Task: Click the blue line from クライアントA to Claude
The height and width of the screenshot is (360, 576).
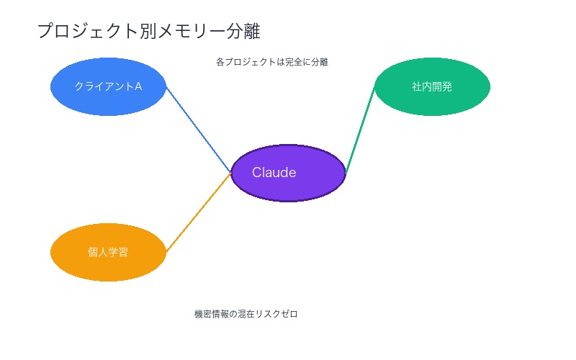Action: (198, 130)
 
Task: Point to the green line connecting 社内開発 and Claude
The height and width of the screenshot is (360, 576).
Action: (360, 130)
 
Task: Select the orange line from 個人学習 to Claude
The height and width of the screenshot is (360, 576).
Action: (198, 212)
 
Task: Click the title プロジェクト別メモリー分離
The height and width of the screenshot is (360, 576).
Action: (148, 31)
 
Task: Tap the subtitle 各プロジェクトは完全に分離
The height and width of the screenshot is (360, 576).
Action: (272, 62)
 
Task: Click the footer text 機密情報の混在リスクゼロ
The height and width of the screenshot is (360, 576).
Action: (246, 314)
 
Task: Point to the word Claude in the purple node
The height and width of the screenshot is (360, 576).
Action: (274, 173)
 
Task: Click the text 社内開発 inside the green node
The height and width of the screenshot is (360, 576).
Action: (432, 86)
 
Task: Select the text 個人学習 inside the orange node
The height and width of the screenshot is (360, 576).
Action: (108, 252)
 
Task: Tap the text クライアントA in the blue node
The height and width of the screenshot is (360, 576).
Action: (108, 86)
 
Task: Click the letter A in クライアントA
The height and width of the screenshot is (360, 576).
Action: (138, 86)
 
